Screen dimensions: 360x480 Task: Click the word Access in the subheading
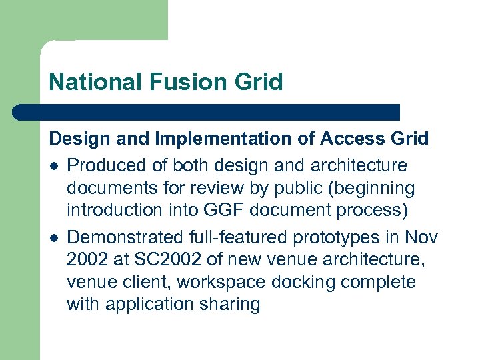(x=352, y=139)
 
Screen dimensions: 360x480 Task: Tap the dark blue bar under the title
(x=206, y=112)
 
